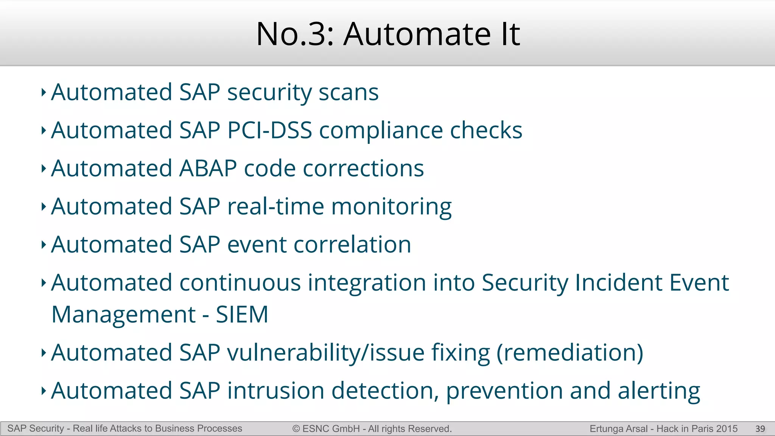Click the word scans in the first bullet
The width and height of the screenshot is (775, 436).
(348, 92)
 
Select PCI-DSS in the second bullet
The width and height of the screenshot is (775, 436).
(269, 130)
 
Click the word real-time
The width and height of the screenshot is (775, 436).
(275, 207)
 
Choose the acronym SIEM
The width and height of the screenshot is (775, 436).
(242, 315)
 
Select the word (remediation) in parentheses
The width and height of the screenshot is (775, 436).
(570, 353)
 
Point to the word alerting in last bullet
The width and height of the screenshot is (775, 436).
(659, 391)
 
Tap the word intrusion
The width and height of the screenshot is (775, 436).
(275, 391)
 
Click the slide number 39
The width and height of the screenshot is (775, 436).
(760, 429)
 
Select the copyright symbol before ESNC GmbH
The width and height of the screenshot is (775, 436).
(296, 429)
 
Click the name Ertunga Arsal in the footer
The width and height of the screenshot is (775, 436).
(618, 429)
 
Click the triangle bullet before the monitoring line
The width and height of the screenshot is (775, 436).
(44, 207)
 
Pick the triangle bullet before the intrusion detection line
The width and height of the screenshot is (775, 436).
(44, 391)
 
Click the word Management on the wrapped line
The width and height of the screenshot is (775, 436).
(123, 315)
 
